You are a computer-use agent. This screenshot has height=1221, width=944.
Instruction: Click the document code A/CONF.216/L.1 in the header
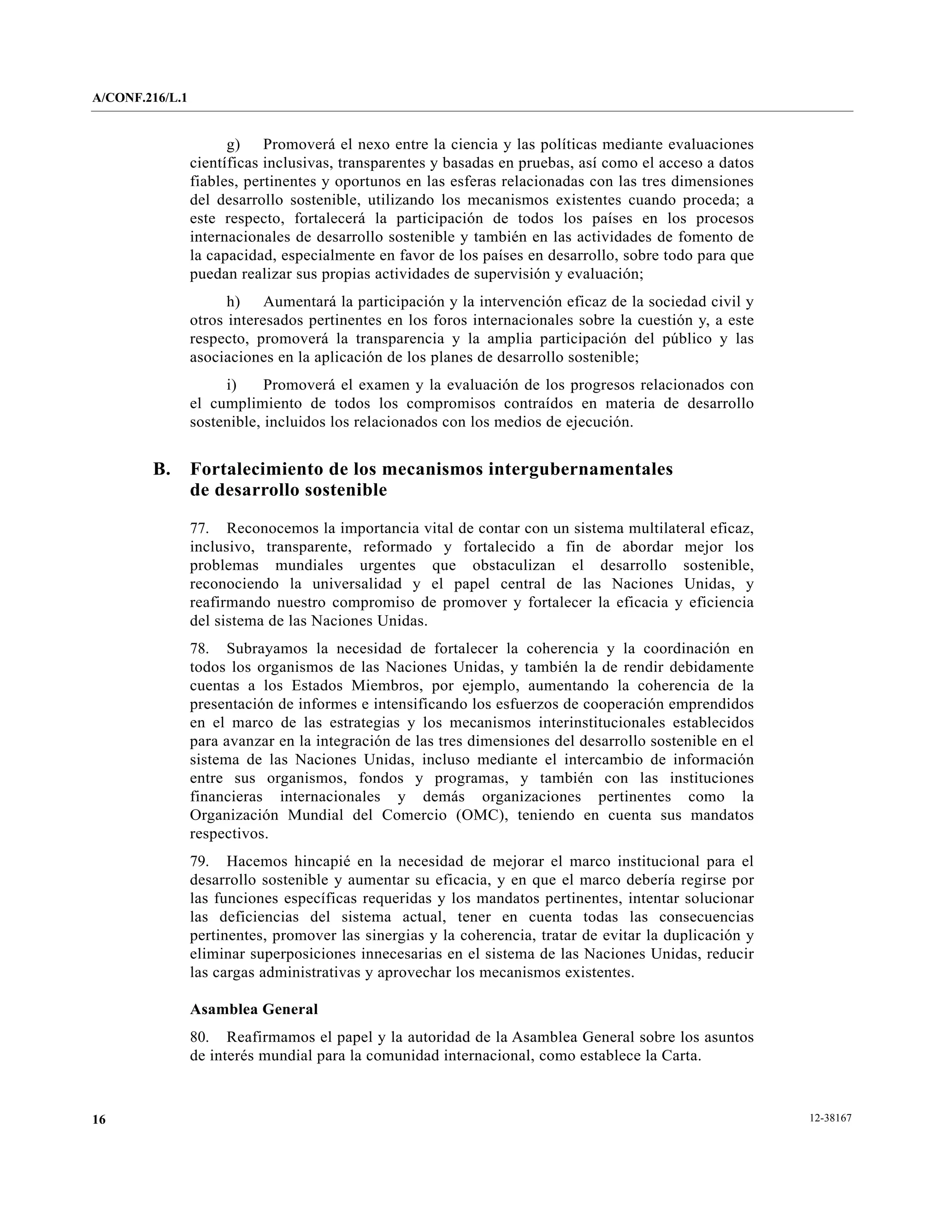[140, 99]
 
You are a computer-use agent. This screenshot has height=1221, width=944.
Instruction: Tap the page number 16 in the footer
[99, 1119]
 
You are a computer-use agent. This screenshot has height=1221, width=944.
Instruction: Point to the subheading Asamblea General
[254, 1009]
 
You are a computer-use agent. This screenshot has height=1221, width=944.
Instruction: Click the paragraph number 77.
[199, 528]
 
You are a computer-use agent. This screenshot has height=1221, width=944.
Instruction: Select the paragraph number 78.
[199, 649]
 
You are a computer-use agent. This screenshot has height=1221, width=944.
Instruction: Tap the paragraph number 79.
[199, 862]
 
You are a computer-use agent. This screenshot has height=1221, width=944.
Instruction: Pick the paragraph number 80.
[199, 1037]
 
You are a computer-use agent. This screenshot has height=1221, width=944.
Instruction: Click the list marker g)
[233, 145]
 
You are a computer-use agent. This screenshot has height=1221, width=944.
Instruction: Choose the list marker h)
[233, 302]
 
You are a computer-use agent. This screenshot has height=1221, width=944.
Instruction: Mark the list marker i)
[231, 385]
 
